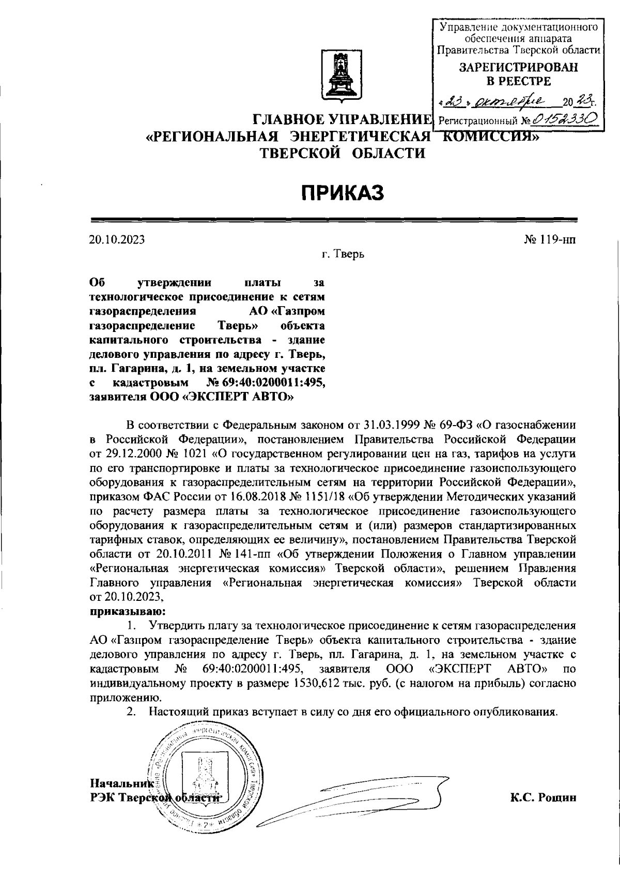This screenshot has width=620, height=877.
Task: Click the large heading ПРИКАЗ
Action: [343, 193]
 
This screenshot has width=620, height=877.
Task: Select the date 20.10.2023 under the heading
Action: [116, 239]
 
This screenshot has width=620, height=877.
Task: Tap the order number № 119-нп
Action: [549, 239]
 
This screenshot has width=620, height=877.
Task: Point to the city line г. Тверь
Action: [343, 254]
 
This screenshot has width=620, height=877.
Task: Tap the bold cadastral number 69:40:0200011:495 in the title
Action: [273, 383]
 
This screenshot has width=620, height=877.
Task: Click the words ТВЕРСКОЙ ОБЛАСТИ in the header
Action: [342, 153]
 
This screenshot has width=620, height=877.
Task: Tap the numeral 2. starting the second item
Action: [132, 712]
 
